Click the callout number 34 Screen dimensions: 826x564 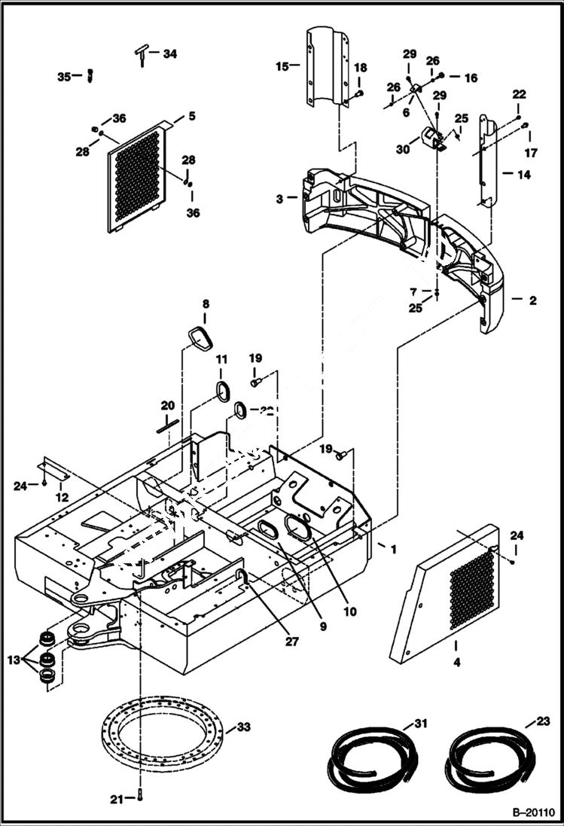pos(170,53)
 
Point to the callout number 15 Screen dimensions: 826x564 pos(282,67)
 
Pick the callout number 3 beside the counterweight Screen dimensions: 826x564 pos(279,199)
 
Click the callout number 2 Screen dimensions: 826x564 pos(532,300)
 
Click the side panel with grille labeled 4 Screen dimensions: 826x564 pos(447,595)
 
